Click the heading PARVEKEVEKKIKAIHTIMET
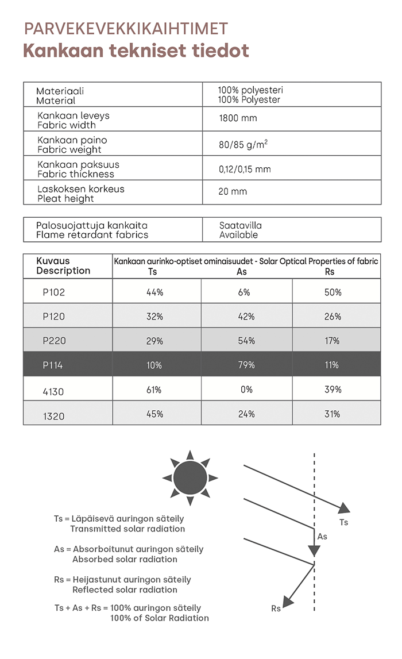point(126,29)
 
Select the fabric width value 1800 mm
point(238,119)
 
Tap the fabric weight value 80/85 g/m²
point(243,144)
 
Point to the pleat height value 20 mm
point(232,192)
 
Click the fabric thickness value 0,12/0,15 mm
point(244,169)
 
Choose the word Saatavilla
point(240,226)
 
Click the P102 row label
point(54,292)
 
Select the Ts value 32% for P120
point(154,317)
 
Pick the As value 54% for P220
point(246,341)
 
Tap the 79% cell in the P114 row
point(246,365)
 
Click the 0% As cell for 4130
point(246,390)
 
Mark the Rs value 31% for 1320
point(332,414)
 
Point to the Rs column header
point(330,272)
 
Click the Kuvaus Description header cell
point(63,266)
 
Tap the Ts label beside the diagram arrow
point(343,522)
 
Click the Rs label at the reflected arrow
point(276,608)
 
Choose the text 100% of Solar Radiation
point(160,618)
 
